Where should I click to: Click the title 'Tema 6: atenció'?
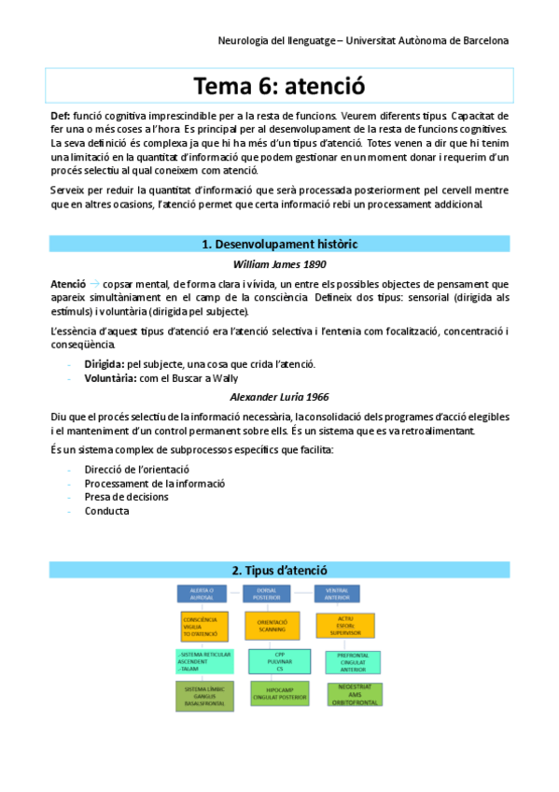[279, 86]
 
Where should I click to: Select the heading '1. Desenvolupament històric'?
[279, 244]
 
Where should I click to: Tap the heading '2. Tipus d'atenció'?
[279, 570]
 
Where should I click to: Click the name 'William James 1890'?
[279, 264]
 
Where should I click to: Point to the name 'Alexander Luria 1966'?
[279, 396]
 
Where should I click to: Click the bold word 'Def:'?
[61, 115]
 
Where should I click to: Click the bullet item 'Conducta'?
[106, 511]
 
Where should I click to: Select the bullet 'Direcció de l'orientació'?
[136, 469]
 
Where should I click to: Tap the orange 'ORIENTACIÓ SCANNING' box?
[272, 625]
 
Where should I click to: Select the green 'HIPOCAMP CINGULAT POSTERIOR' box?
[278, 692]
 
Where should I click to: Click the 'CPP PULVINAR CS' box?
[278, 658]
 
